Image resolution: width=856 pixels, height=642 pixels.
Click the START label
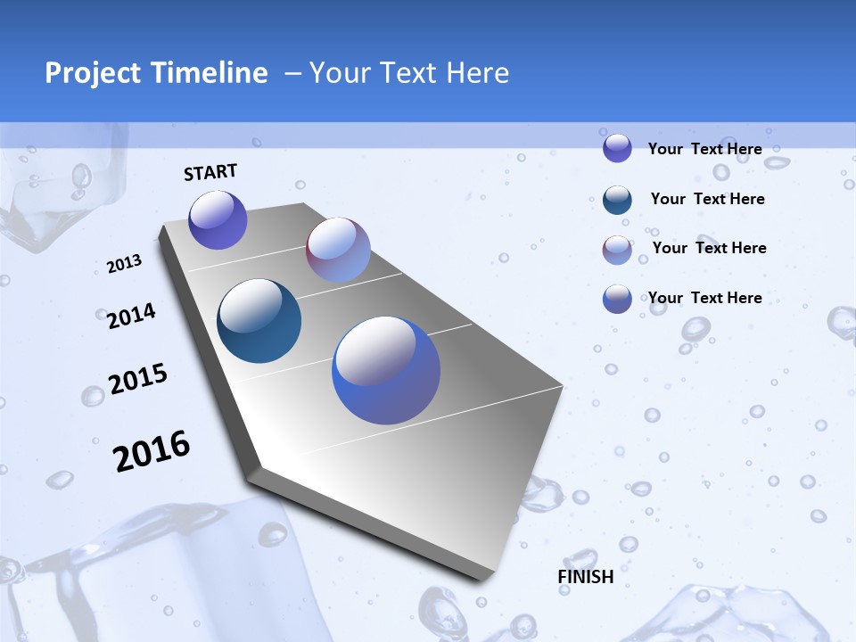pyautogui.click(x=210, y=172)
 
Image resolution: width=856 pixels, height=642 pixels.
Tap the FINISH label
pyautogui.click(x=586, y=577)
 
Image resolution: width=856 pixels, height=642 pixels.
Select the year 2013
pyautogui.click(x=125, y=264)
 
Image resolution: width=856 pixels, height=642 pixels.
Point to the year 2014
pyautogui.click(x=132, y=317)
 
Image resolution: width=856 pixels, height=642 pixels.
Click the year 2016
pyautogui.click(x=152, y=451)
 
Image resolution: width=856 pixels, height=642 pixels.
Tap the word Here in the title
pyautogui.click(x=477, y=73)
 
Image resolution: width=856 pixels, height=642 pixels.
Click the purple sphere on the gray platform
pyautogui.click(x=218, y=220)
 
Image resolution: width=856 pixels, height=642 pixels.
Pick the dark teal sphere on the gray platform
pyautogui.click(x=259, y=321)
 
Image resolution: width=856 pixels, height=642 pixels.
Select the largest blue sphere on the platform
pyautogui.click(x=386, y=370)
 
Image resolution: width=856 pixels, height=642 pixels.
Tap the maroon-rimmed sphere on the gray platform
pyautogui.click(x=338, y=250)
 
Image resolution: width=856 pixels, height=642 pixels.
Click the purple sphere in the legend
pyautogui.click(x=617, y=148)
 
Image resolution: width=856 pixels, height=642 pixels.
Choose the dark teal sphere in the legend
pyautogui.click(x=617, y=200)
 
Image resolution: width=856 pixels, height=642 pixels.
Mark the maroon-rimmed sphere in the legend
pyautogui.click(x=617, y=251)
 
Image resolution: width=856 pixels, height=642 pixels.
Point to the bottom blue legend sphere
pyautogui.click(x=617, y=299)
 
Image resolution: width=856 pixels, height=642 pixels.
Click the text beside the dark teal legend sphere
pyautogui.click(x=707, y=199)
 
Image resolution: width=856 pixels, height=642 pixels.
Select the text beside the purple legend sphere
pyautogui.click(x=704, y=149)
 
